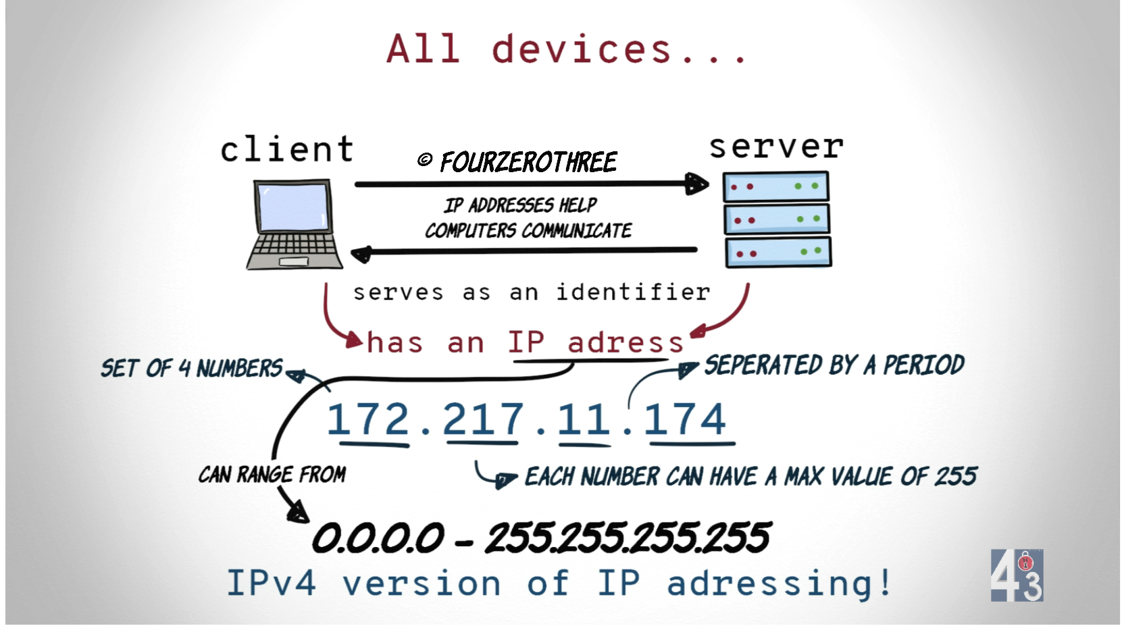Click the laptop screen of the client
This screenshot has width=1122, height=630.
coord(293,207)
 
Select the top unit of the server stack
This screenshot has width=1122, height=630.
coord(775,187)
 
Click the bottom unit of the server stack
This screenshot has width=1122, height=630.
coord(777,253)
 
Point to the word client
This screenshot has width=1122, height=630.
coord(287,149)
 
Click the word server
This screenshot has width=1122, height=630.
coord(776,147)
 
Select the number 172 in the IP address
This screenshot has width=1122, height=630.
coord(368,419)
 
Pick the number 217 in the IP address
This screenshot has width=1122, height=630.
coord(483,419)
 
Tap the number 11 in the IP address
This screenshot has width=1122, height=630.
coord(584,419)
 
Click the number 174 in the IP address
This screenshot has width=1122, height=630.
coord(685,419)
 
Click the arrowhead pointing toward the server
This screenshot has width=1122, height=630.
coord(697,184)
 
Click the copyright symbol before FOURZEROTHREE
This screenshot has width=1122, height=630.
coord(425,159)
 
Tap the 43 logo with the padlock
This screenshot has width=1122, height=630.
coord(1017,575)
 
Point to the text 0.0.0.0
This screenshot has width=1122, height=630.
coord(378,538)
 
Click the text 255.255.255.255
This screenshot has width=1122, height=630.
coord(628,538)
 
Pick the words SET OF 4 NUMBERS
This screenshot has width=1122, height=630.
coord(192,369)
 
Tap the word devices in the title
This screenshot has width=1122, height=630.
coord(582,49)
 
